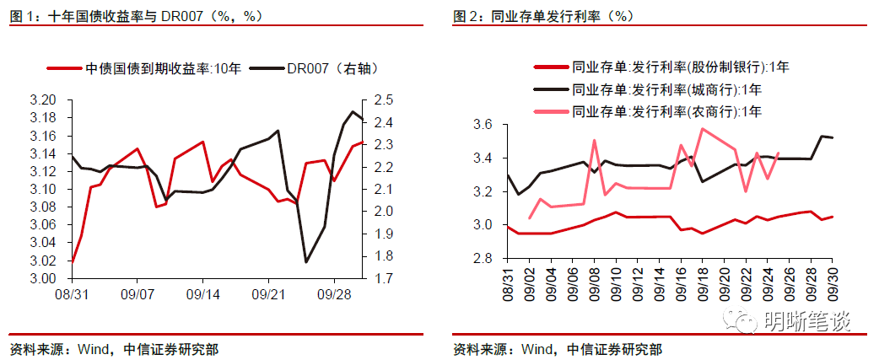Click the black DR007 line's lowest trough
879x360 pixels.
coord(306,262)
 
